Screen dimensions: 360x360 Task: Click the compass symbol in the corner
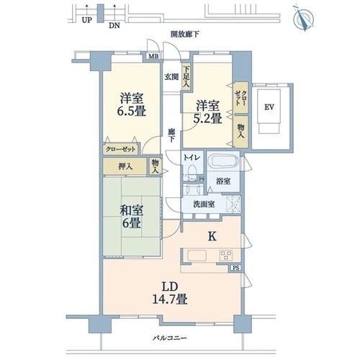(x=304, y=18)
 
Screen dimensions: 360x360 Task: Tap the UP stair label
(x=86, y=20)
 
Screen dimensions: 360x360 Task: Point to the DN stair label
(x=114, y=26)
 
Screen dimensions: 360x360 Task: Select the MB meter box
(x=153, y=57)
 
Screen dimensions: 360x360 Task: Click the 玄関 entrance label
(x=171, y=77)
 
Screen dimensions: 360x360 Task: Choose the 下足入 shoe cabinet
(x=186, y=77)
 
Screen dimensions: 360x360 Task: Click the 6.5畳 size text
(x=132, y=111)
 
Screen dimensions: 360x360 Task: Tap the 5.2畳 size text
(x=208, y=118)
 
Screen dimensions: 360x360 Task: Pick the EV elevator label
(x=269, y=107)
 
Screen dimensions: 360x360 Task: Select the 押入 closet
(x=125, y=166)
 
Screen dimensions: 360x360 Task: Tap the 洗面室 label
(x=204, y=204)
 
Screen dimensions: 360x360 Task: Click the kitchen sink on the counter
(x=197, y=256)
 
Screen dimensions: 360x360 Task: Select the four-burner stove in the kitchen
(x=226, y=256)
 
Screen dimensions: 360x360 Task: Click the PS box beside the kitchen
(x=236, y=268)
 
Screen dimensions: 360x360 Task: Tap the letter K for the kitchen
(x=212, y=237)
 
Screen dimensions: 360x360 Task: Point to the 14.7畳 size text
(x=170, y=300)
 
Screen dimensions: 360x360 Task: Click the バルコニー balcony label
(x=170, y=338)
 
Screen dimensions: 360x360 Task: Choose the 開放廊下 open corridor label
(x=185, y=35)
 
